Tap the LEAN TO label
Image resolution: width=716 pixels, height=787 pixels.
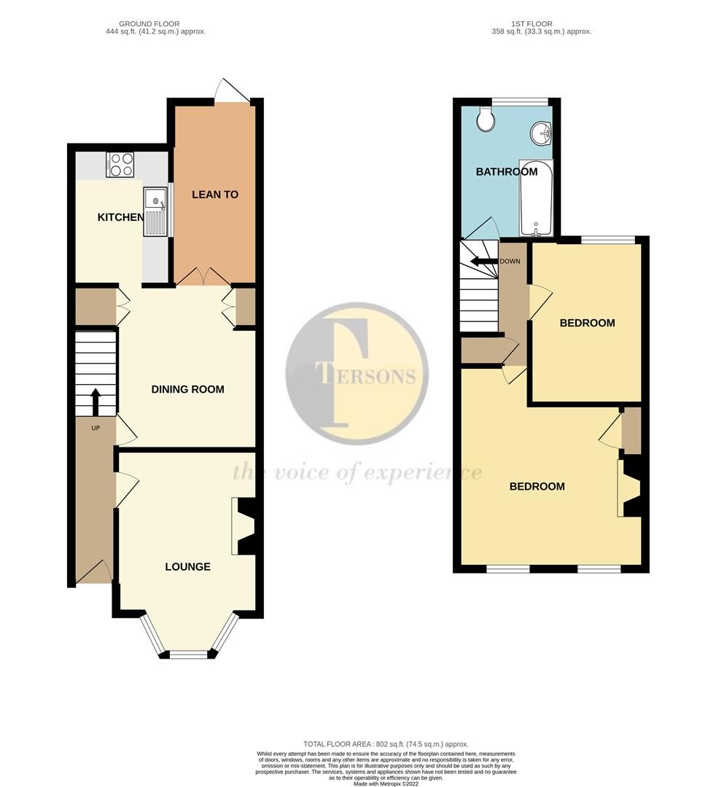click(x=215, y=195)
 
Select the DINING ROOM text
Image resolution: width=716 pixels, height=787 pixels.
click(x=187, y=389)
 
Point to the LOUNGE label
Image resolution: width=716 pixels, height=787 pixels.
click(x=187, y=566)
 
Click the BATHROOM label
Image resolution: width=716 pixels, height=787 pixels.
click(x=507, y=172)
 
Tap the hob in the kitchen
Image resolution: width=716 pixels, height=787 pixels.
click(x=122, y=164)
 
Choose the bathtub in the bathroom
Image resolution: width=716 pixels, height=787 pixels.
click(x=535, y=197)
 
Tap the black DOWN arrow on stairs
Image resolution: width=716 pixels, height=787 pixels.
click(x=482, y=261)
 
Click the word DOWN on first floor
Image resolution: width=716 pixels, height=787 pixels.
click(x=510, y=261)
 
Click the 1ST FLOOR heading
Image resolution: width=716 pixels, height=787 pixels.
click(x=540, y=24)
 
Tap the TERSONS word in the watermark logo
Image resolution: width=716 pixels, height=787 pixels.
click(x=366, y=376)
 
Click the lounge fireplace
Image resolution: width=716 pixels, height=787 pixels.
click(x=243, y=526)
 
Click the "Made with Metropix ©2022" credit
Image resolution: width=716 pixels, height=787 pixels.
click(x=386, y=783)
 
